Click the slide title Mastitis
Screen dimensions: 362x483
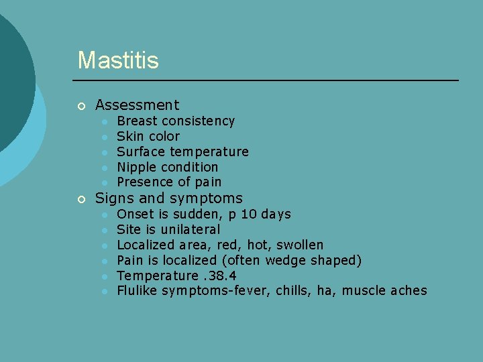click(118, 60)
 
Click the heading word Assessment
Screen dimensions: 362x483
click(138, 105)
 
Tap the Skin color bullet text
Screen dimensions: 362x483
click(148, 137)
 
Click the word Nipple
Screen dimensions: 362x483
click(137, 168)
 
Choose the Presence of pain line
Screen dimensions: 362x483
click(169, 182)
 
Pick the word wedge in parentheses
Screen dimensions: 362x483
click(285, 261)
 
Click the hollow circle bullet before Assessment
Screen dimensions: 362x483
click(81, 106)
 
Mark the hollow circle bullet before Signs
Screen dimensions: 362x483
click(81, 199)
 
